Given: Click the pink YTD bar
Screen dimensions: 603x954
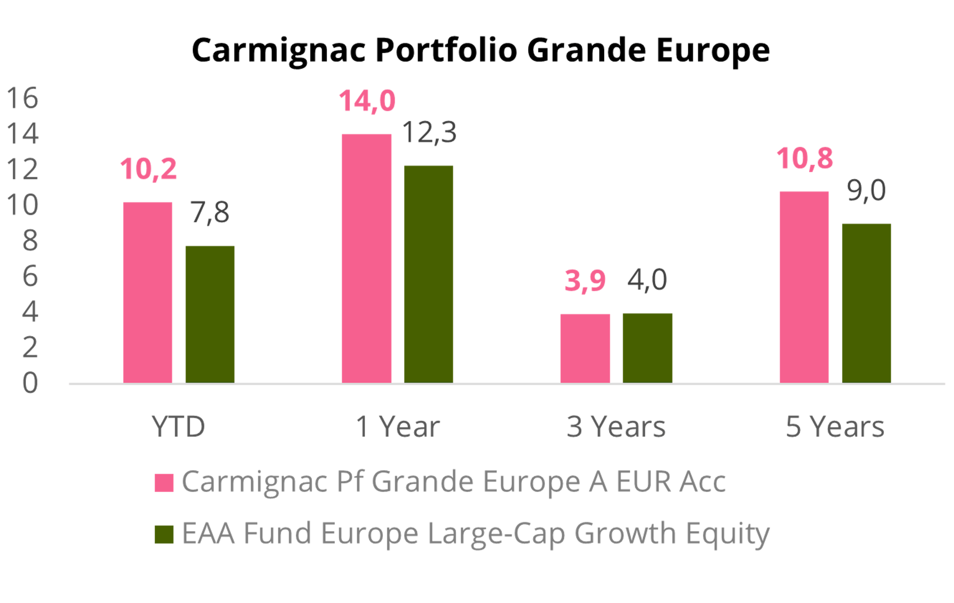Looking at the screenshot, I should (148, 292).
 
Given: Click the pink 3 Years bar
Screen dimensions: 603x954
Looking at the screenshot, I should (585, 348).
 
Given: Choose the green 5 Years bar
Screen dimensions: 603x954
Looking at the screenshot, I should (867, 303).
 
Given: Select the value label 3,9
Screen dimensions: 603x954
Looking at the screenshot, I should (585, 281).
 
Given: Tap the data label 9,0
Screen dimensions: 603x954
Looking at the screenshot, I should (866, 191).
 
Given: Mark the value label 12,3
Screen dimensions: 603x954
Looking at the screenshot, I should (429, 132).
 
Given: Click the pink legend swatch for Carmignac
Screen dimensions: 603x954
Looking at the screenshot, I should (164, 482).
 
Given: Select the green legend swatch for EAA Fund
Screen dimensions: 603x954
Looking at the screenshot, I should (164, 534).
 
